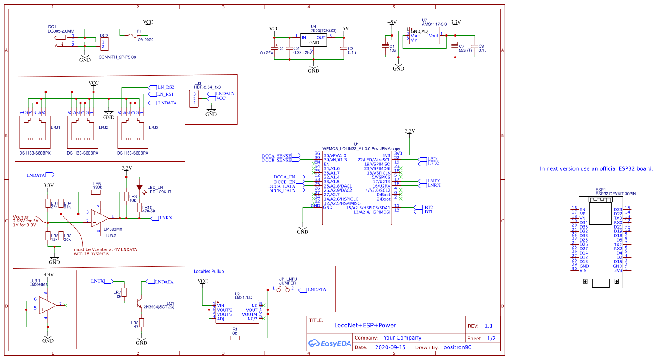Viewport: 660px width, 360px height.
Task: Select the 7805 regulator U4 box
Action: pyautogui.click(x=314, y=40)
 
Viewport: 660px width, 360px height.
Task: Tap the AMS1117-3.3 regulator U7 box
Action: pyautogui.click(x=424, y=36)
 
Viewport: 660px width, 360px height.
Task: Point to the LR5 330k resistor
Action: pyautogui.click(x=96, y=192)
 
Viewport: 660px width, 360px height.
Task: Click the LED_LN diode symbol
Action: pyautogui.click(x=139, y=188)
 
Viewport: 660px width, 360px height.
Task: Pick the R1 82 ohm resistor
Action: pyautogui.click(x=235, y=338)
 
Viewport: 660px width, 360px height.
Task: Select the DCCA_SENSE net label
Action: pyautogui.click(x=276, y=155)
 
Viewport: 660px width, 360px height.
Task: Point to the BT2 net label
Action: pyautogui.click(x=428, y=208)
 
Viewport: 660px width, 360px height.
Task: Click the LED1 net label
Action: pyautogui.click(x=433, y=159)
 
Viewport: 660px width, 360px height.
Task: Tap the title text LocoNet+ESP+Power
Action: pyautogui.click(x=365, y=325)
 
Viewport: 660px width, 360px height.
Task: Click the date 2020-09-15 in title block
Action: pyautogui.click(x=390, y=347)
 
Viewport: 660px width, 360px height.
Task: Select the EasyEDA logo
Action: pyautogui.click(x=330, y=343)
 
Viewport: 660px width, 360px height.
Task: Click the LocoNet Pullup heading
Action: pyautogui.click(x=209, y=271)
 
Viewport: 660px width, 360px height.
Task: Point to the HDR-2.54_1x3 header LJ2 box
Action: pyautogui.click(x=195, y=98)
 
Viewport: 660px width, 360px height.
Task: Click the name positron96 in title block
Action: pyautogui.click(x=457, y=347)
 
